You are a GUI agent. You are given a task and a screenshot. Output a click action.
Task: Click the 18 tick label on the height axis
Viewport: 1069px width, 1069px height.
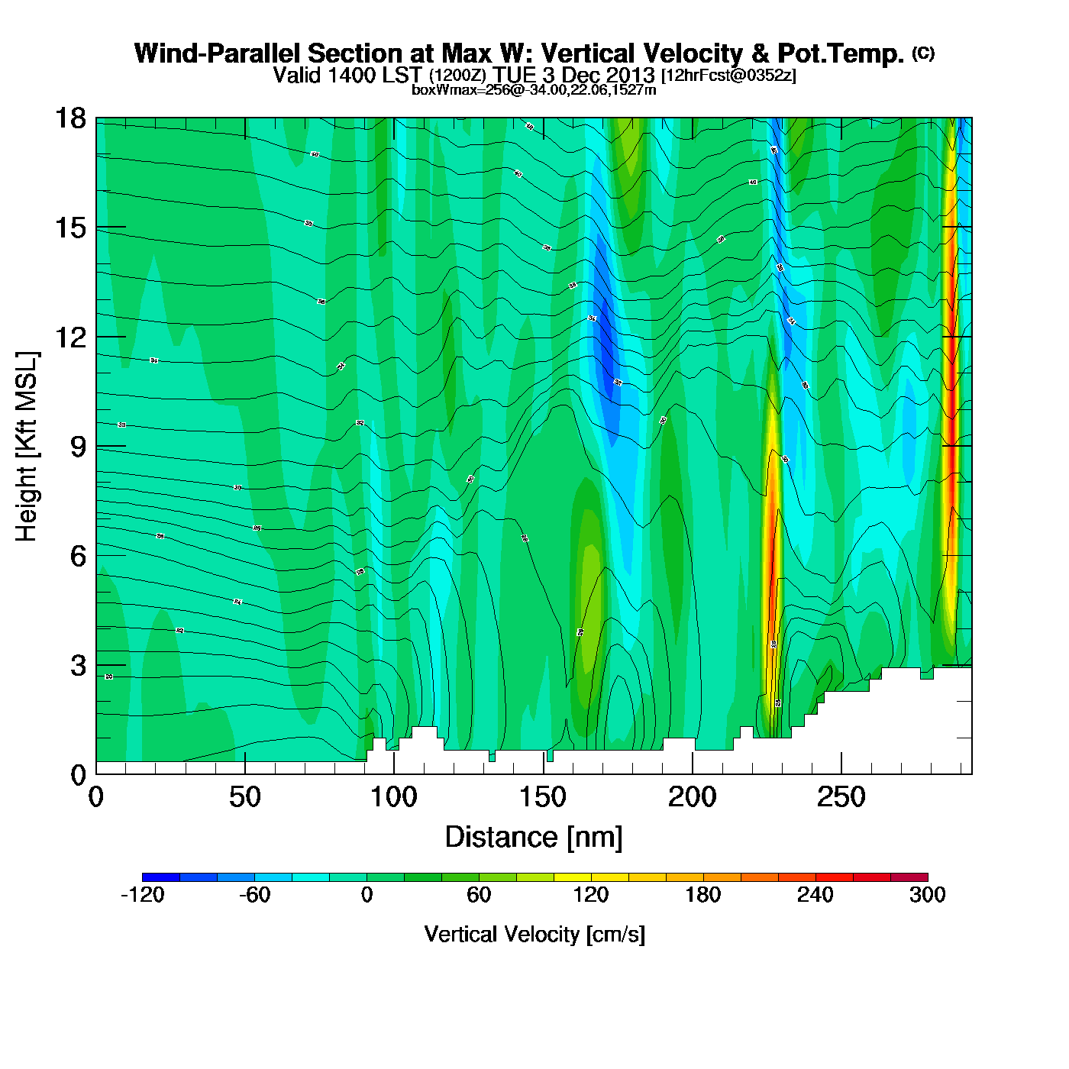click(69, 118)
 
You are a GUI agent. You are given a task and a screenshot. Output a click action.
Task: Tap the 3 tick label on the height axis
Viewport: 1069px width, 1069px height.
click(78, 666)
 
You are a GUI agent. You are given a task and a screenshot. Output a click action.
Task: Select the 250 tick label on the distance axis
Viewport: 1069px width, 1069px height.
click(841, 798)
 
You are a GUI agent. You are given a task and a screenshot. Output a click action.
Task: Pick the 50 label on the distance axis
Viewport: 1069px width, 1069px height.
click(244, 798)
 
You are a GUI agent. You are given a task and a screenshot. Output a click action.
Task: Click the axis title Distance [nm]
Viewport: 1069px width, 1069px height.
click(534, 838)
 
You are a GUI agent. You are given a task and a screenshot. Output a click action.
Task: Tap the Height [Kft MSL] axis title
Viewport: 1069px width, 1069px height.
click(27, 447)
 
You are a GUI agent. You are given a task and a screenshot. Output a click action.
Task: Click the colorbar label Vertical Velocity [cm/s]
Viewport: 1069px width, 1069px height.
click(534, 935)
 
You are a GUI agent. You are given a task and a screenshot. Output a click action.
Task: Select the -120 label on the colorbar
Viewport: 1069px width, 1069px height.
click(143, 896)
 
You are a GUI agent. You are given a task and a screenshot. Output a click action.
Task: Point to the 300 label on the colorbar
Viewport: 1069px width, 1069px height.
click(927, 896)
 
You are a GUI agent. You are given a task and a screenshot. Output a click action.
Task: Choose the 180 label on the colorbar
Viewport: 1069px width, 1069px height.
click(702, 896)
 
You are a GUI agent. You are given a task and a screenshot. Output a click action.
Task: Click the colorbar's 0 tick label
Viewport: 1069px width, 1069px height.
click(367, 896)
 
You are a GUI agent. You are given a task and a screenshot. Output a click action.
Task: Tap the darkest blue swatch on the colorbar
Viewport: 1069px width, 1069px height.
click(161, 877)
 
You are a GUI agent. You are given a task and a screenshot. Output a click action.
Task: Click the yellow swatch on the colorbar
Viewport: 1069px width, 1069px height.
click(573, 877)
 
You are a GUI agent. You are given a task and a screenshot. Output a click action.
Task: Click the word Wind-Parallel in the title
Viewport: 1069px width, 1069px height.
click(220, 53)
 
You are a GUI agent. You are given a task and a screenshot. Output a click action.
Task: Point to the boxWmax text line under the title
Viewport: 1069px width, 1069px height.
click(534, 90)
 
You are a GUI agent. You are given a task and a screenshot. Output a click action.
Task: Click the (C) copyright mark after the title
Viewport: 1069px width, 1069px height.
click(923, 53)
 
